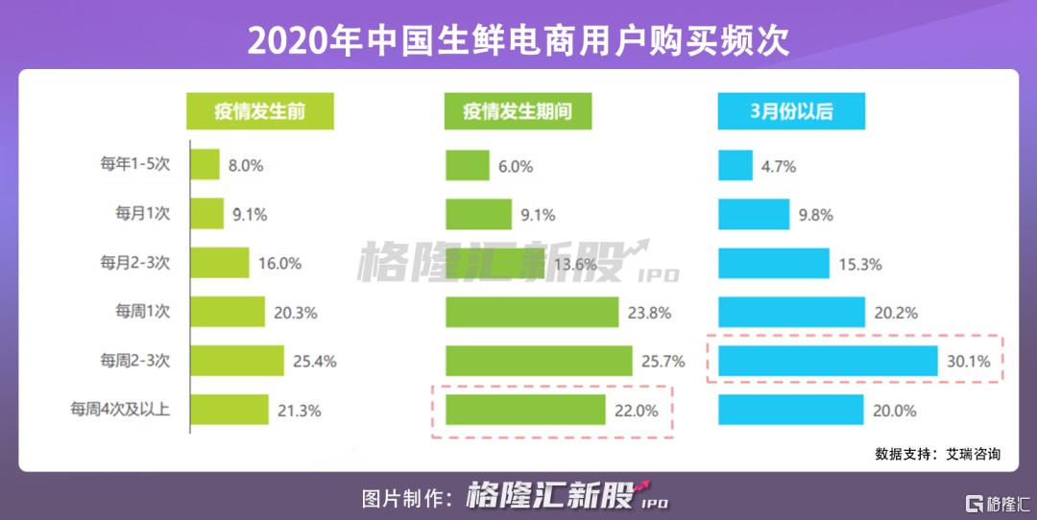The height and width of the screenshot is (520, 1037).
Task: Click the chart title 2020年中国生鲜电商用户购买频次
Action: coord(518,39)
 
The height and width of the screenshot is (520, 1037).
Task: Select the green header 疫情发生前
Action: coord(259,111)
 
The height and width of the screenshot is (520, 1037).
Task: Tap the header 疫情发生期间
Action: coord(518,111)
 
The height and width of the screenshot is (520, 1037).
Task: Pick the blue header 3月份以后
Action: coord(791,111)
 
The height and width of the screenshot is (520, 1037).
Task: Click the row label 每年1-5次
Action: coord(135,164)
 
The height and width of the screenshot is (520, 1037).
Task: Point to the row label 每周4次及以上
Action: coord(120,410)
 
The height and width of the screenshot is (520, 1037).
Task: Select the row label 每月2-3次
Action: coord(135,262)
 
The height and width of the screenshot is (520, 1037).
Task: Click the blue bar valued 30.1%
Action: coord(828,361)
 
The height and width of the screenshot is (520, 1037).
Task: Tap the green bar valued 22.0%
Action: coord(525,410)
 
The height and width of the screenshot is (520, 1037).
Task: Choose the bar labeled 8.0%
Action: coord(205,164)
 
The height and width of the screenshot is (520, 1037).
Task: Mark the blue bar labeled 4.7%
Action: coord(735,165)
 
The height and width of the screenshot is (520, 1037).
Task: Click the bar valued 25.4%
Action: coord(237,361)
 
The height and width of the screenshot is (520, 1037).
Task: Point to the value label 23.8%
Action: coord(651,312)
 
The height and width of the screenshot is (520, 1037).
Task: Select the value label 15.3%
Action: coord(860,264)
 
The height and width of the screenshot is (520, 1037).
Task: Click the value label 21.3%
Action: coord(301,411)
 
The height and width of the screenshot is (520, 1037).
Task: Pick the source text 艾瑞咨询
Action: coord(973,454)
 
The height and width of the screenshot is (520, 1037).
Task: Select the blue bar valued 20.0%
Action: coord(790,410)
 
